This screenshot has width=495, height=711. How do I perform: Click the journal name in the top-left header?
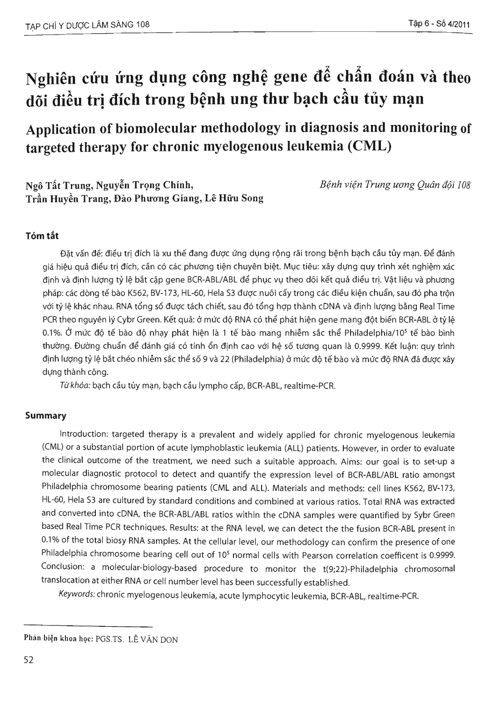[x=86, y=25]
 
